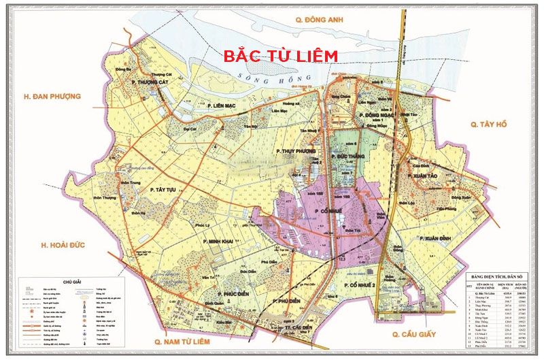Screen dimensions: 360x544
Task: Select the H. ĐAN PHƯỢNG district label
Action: [x=51, y=97]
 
